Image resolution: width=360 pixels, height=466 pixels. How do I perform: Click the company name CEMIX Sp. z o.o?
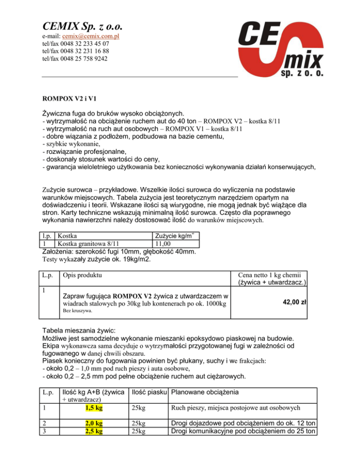(x=86, y=24)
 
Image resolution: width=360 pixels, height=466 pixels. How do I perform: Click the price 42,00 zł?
(x=294, y=302)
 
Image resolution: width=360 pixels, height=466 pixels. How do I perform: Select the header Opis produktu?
(x=82, y=275)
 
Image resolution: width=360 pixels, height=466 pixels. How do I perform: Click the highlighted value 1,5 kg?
(x=95, y=408)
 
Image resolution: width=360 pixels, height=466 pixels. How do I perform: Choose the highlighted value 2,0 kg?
(x=95, y=423)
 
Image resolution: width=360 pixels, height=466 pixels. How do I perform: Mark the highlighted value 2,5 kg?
(x=95, y=431)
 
